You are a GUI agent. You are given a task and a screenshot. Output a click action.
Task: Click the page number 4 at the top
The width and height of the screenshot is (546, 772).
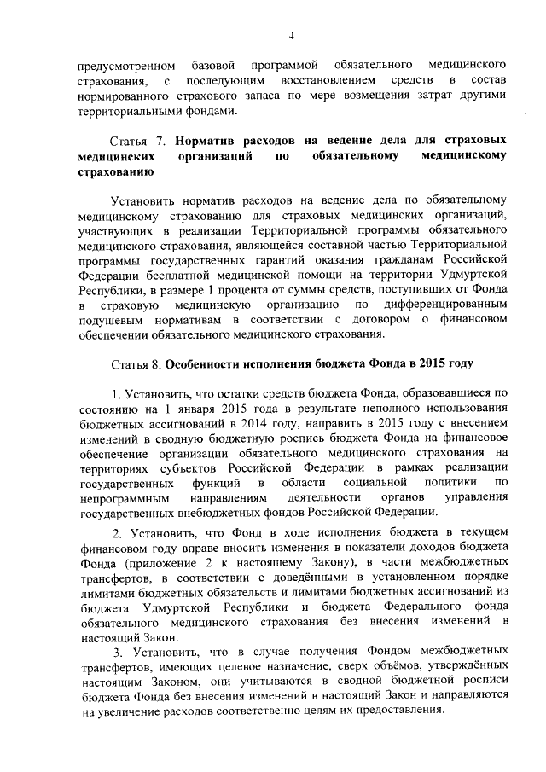pos(290,35)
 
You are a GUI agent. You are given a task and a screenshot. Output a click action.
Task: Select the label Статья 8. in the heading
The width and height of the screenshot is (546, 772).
pos(136,363)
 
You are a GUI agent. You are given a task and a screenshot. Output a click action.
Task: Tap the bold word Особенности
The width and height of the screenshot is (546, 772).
pos(205,363)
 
